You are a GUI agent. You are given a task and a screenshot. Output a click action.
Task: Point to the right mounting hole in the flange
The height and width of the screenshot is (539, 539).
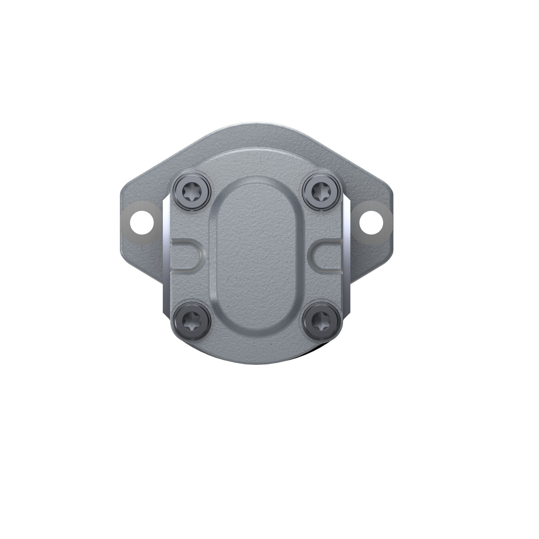370,222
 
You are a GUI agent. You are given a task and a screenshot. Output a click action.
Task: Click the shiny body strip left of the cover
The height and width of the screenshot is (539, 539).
166,251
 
